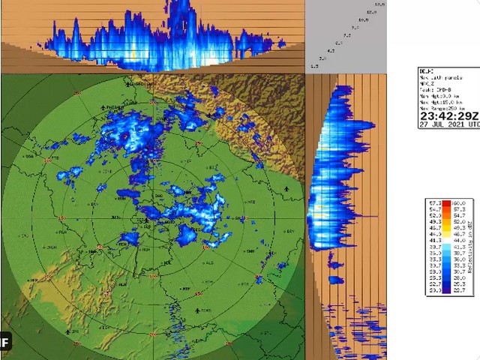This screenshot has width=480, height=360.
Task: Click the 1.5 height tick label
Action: (313, 66)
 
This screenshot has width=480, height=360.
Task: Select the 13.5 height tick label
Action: (379, 4)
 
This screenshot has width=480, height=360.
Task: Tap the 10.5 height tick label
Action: (363, 19)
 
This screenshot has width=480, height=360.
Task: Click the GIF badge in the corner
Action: (4, 343)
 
